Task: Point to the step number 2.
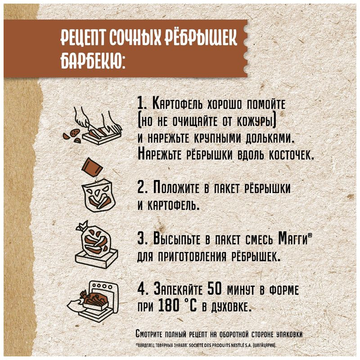coord(140,187)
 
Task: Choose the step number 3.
coord(140,238)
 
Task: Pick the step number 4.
coord(140,288)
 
